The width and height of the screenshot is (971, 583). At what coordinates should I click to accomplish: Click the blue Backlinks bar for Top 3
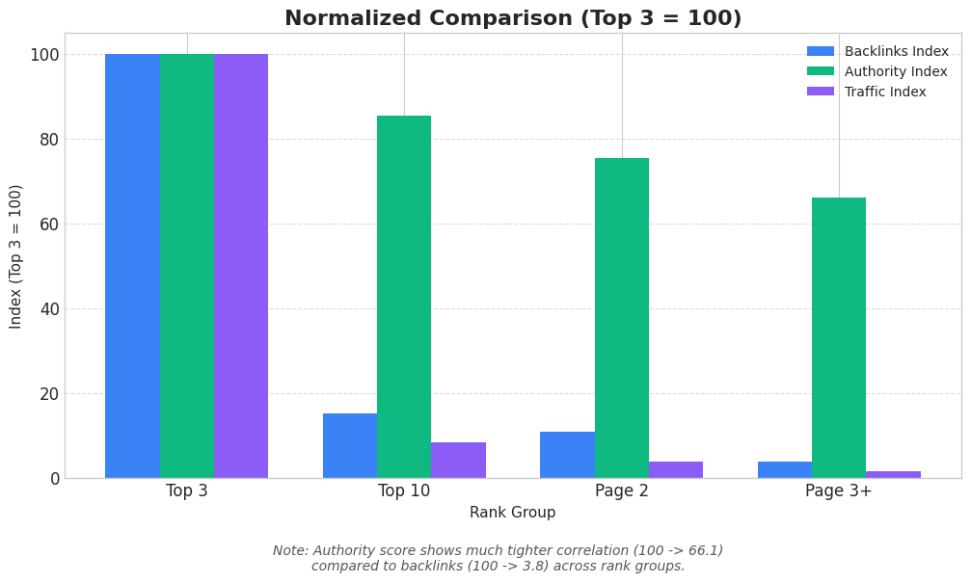[x=132, y=266]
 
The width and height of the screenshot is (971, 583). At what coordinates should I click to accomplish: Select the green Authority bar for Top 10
[x=404, y=297]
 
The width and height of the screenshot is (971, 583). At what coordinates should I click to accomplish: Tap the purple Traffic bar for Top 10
[x=458, y=461]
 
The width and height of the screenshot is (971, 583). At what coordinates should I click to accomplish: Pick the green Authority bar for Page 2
[x=622, y=318]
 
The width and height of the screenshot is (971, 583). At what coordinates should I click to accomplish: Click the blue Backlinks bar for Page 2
[x=567, y=455]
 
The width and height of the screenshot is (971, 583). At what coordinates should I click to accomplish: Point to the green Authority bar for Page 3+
[x=839, y=337]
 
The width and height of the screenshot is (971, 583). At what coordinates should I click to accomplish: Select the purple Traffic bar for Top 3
[x=241, y=266]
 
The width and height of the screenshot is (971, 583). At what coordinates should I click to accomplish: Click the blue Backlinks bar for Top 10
[x=350, y=446]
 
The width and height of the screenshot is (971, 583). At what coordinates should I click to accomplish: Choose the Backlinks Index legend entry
[x=877, y=52]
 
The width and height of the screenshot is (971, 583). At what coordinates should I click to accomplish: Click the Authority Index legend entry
[x=877, y=72]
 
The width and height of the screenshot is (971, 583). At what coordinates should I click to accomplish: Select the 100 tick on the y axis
[x=44, y=55]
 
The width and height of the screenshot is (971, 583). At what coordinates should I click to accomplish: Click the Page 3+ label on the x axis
[x=839, y=491]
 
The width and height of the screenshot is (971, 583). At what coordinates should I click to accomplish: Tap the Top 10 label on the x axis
[x=404, y=491]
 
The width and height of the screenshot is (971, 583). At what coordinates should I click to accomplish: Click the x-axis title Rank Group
[x=512, y=514]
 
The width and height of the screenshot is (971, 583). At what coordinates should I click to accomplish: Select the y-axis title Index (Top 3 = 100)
[x=16, y=256]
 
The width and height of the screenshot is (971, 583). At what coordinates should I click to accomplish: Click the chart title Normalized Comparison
[x=512, y=19]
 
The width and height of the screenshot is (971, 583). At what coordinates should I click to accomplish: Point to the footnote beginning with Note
[x=498, y=559]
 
